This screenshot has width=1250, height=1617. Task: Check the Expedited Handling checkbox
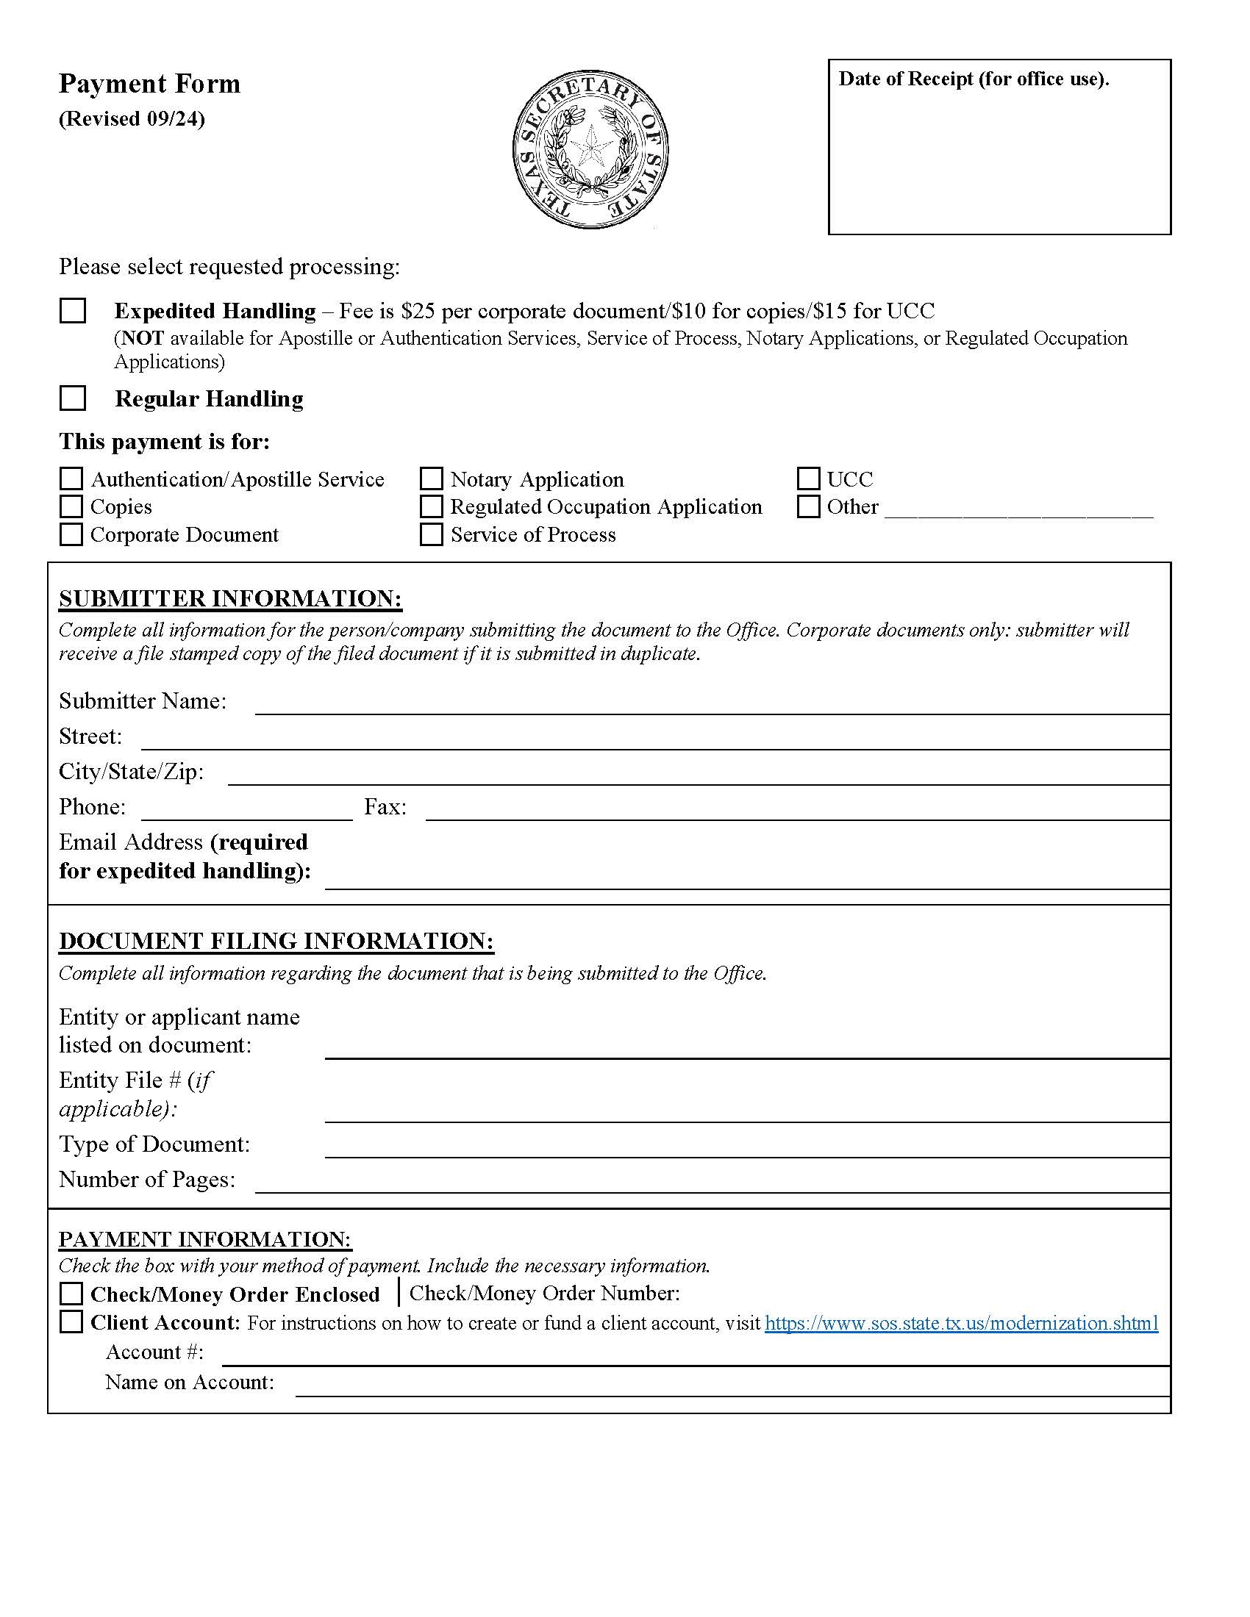(x=73, y=310)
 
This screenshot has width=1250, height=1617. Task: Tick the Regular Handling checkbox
(x=73, y=398)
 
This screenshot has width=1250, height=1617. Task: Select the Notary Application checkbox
(x=431, y=478)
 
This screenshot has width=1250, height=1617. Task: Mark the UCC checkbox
(x=808, y=478)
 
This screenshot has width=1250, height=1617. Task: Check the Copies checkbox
(x=71, y=506)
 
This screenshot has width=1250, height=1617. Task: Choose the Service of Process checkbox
(x=431, y=534)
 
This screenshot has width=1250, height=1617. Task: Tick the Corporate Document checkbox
(x=71, y=534)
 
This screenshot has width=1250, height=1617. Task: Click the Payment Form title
(x=149, y=84)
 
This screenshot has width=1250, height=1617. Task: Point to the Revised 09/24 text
(x=132, y=118)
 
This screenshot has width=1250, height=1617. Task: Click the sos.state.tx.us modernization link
(x=961, y=1323)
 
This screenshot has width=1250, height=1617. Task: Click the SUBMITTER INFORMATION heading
(x=230, y=598)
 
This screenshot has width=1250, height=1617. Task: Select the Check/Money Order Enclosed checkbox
(x=71, y=1294)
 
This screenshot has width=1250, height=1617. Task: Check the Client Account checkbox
(x=71, y=1322)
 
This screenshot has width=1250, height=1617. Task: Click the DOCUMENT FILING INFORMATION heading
(x=276, y=941)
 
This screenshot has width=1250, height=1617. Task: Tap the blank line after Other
(x=1018, y=511)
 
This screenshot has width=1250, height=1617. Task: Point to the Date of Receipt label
(x=973, y=79)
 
